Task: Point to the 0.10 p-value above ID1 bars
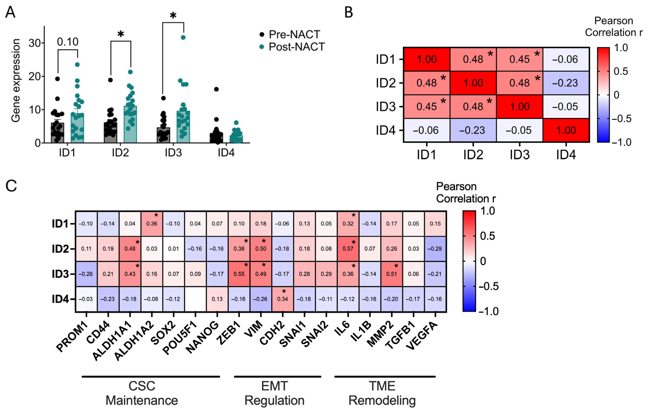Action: click(x=68, y=42)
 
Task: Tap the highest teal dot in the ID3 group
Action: click(x=183, y=37)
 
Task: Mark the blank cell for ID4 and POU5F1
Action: click(x=195, y=299)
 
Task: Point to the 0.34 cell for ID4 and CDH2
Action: click(x=282, y=299)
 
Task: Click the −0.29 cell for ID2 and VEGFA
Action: click(x=435, y=249)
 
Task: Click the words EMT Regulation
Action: click(x=274, y=393)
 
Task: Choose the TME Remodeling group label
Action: click(x=382, y=393)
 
